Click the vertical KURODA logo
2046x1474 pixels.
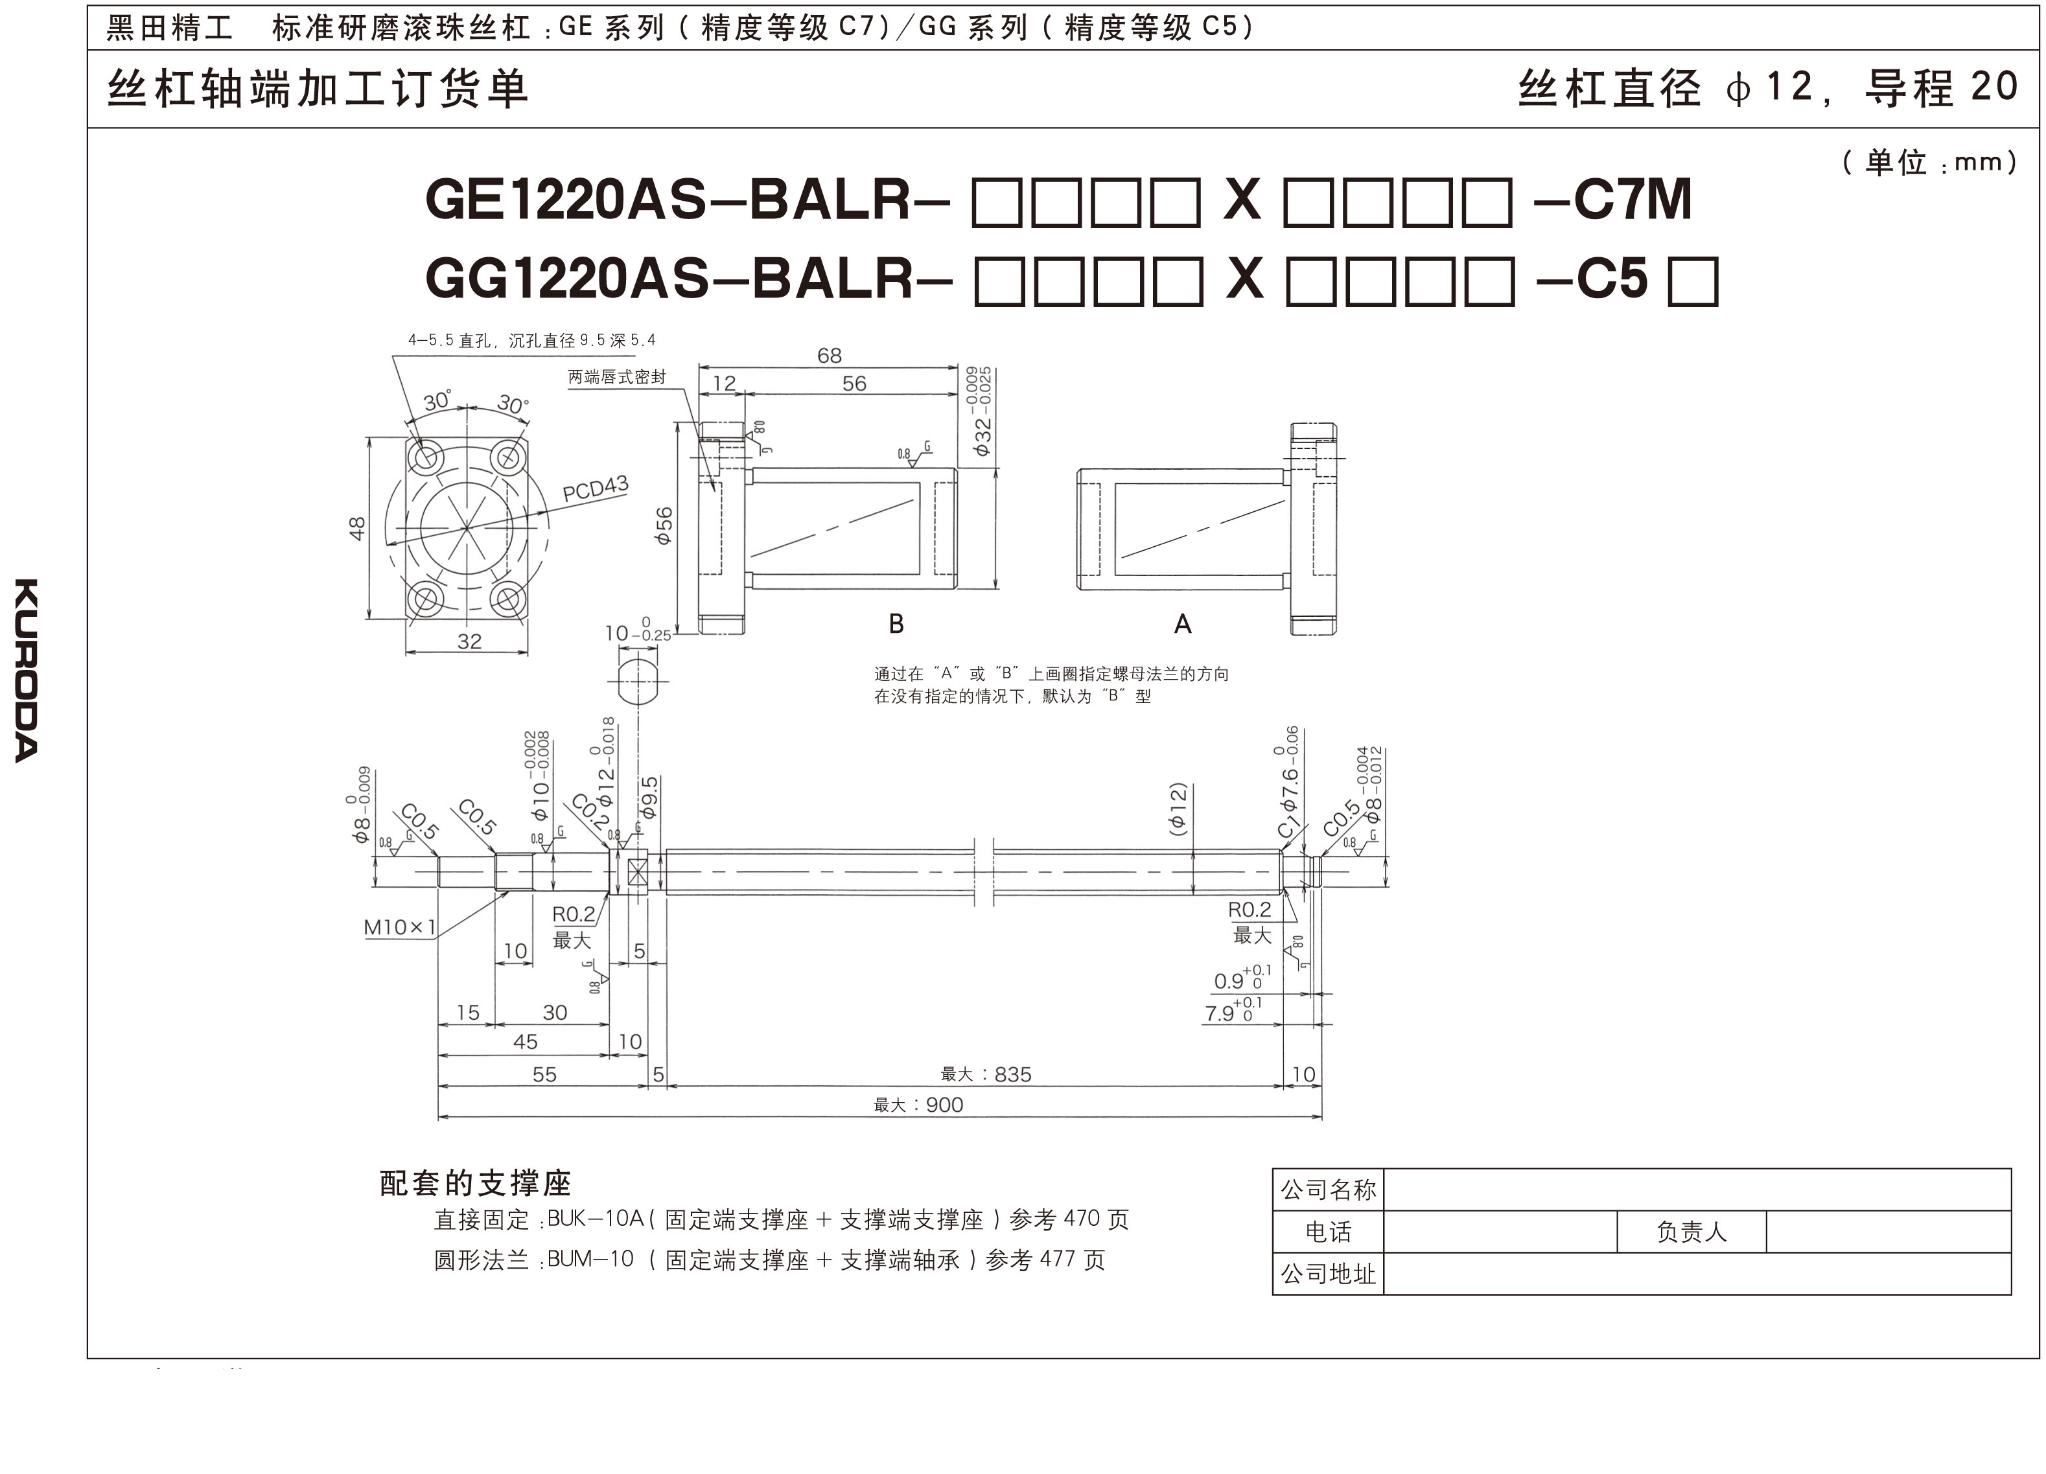[26, 670]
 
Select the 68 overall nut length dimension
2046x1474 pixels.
[829, 356]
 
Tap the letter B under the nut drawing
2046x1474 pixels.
[896, 623]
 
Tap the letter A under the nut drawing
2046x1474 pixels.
[1183, 623]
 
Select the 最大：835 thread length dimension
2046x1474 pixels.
[986, 1074]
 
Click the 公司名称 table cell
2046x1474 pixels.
[1328, 1190]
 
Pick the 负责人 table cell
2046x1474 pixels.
[1691, 1231]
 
